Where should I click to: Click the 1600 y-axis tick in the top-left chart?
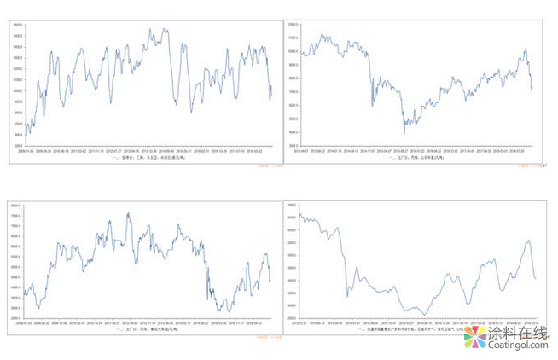point(17,25)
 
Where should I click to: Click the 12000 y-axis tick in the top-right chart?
point(293,26)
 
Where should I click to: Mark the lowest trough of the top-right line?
point(404,133)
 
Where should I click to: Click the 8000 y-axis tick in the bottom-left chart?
point(15,205)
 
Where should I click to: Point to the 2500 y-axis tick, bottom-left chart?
point(15,319)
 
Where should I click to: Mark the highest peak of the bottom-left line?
point(128,212)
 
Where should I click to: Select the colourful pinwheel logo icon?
point(474,336)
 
